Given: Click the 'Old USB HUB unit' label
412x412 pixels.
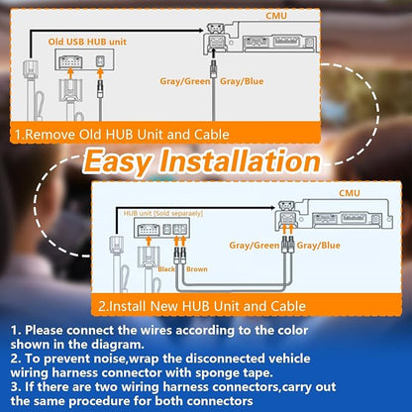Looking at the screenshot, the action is (87, 42).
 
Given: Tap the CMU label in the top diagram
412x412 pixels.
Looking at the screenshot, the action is (276, 16).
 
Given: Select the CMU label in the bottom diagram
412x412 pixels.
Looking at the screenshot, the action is (350, 193).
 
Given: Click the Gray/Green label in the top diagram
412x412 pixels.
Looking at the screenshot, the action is (185, 81).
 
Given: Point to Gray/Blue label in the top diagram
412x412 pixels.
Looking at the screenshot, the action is (242, 81).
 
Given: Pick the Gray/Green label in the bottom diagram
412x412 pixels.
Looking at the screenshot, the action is (255, 246).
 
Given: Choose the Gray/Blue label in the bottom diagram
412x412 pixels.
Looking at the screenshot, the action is (318, 246).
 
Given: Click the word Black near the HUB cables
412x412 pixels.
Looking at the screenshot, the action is (166, 269).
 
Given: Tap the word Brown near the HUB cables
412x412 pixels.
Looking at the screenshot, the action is (197, 269).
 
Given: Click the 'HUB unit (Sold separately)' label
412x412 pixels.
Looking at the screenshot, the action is (163, 214).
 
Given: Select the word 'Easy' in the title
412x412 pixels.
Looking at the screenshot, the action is (118, 161).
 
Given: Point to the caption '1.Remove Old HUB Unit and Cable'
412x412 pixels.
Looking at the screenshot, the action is (122, 135).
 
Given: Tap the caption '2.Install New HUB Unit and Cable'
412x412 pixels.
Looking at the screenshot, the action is (202, 306).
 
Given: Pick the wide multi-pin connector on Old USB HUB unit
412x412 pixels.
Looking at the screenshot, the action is (70, 62).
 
